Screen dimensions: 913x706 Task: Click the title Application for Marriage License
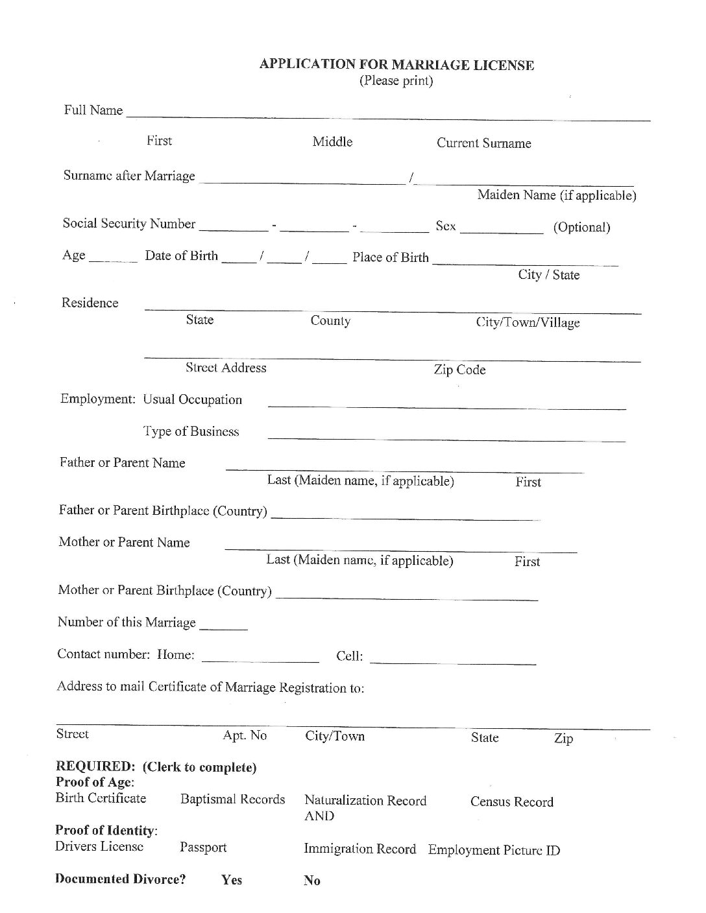[396, 65]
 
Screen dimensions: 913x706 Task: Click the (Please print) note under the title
[396, 81]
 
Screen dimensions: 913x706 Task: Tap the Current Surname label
[483, 143]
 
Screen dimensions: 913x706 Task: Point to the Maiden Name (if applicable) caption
[556, 195]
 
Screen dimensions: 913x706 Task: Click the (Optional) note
[581, 228]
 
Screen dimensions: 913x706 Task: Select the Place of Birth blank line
[524, 261]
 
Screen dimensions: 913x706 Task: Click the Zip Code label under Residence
[459, 370]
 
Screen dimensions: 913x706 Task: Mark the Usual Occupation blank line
[447, 405]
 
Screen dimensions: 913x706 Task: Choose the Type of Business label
[191, 432]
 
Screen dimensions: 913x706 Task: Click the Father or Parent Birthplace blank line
[404, 516]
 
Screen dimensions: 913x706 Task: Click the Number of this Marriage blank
[224, 626]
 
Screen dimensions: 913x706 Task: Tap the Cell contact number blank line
[453, 660]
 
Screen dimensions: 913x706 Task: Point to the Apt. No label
[245, 735]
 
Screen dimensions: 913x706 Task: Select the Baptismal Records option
[232, 800]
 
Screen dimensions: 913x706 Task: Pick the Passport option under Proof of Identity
[203, 848]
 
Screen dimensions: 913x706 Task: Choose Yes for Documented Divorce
[232, 880]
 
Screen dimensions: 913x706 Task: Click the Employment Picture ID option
[494, 850]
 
